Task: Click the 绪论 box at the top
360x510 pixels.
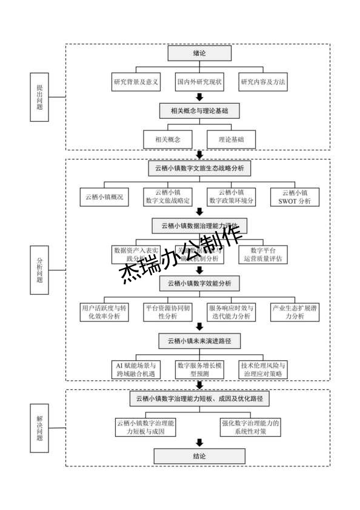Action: coord(199,53)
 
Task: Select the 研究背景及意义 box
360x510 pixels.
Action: coord(136,82)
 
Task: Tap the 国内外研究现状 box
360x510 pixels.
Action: coord(199,82)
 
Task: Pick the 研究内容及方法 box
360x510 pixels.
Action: coord(263,82)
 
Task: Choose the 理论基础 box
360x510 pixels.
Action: coord(232,139)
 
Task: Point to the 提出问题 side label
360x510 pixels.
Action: coord(40,97)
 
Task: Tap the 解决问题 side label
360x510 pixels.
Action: coord(40,428)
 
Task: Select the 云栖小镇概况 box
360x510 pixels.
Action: coord(104,196)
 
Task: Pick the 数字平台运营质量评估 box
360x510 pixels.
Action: coord(262,253)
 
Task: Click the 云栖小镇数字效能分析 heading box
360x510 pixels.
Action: coord(199,283)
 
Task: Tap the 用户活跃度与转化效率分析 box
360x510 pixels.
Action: coord(104,312)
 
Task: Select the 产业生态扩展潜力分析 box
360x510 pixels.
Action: coord(295,312)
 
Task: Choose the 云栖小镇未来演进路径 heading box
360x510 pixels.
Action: coord(199,341)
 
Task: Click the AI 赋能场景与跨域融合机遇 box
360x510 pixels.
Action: coord(136,369)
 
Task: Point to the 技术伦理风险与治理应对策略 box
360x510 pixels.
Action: coord(262,369)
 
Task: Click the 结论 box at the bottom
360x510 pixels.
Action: coord(199,456)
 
